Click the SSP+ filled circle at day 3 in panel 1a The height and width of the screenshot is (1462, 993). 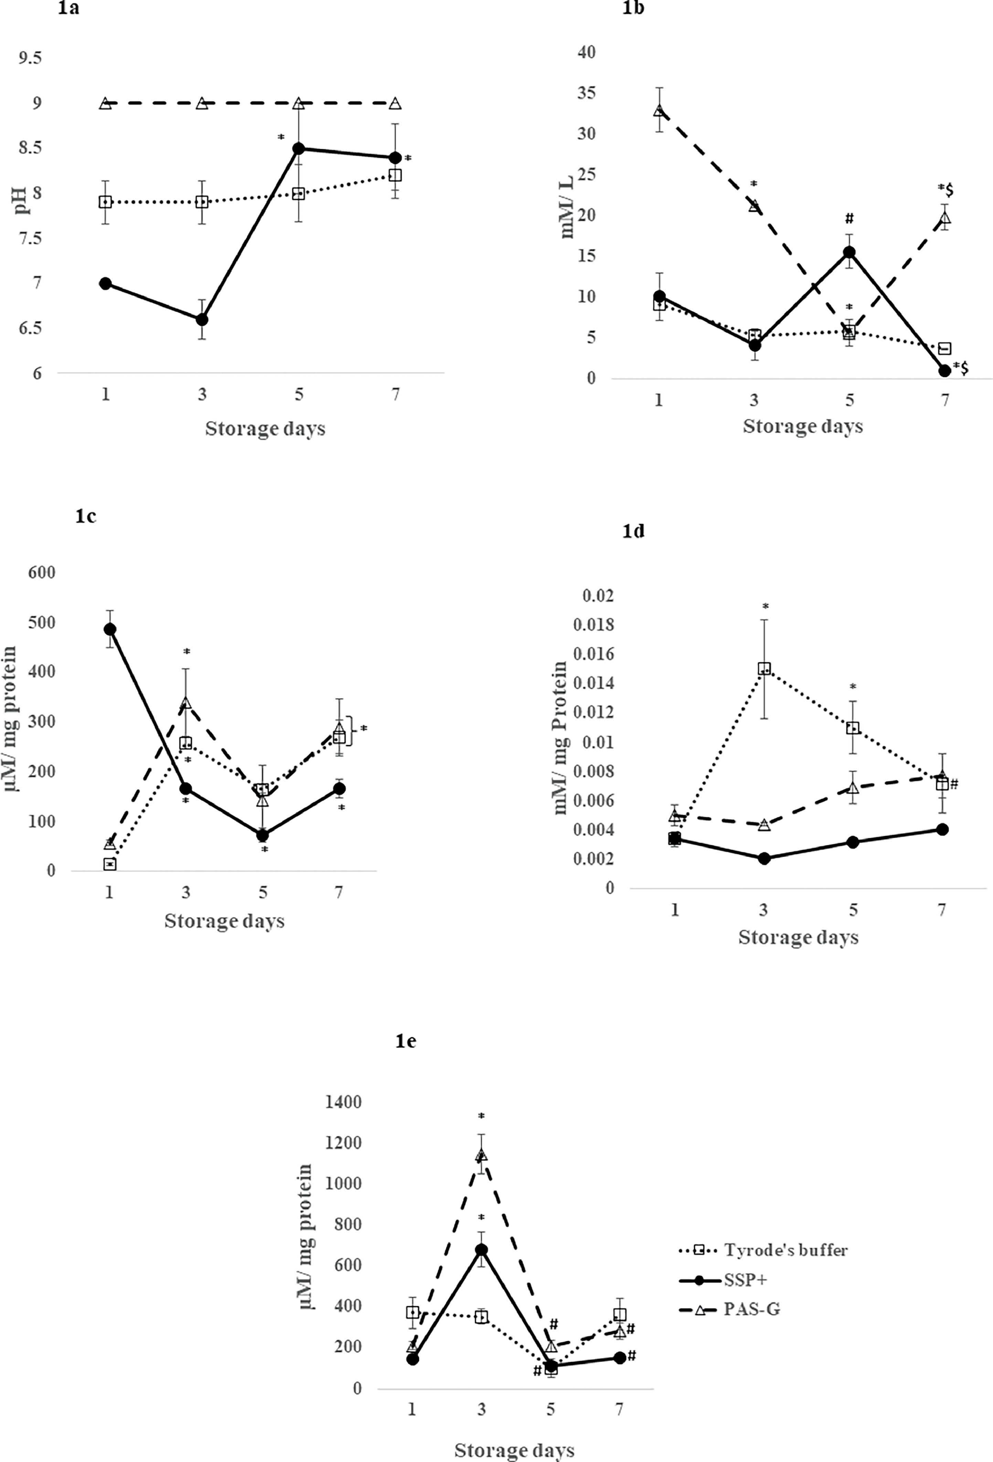click(x=202, y=320)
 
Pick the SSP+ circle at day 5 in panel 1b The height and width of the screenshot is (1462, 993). click(x=849, y=252)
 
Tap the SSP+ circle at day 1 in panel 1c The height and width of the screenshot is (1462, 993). click(x=109, y=629)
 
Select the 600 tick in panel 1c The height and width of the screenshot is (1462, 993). click(x=42, y=572)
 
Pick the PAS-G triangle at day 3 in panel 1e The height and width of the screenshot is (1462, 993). click(x=481, y=1155)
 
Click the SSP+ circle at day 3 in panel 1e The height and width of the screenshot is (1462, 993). click(x=481, y=1249)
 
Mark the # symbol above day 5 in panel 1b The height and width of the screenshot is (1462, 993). click(x=849, y=218)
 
